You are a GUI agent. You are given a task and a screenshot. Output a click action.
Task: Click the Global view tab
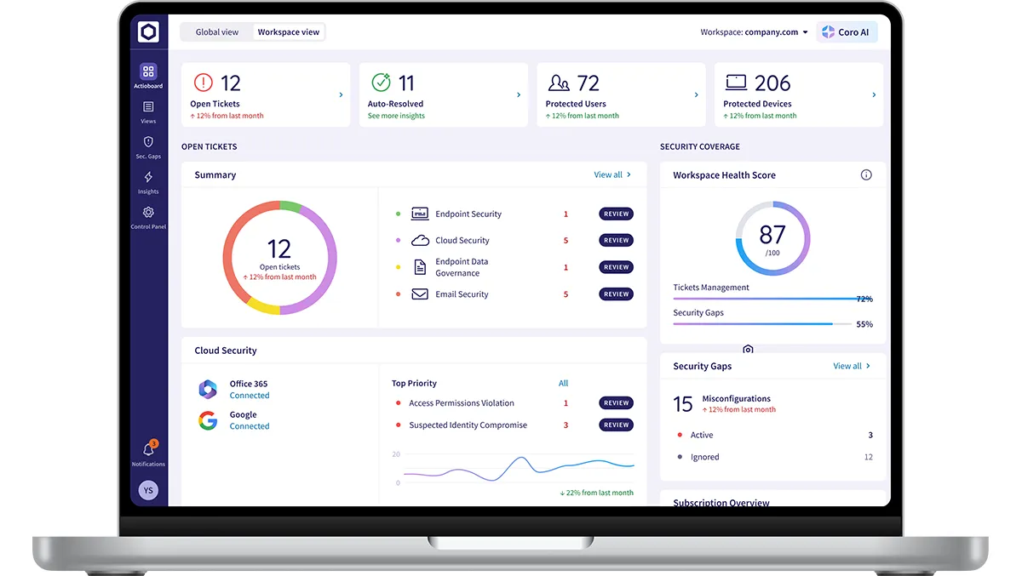point(217,32)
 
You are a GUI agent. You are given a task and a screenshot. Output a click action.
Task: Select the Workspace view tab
point(289,32)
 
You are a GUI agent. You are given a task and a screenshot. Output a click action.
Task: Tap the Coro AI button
point(847,32)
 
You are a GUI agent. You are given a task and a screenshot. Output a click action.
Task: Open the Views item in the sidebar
point(148,111)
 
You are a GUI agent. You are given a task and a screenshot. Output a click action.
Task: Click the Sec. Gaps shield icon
point(148,142)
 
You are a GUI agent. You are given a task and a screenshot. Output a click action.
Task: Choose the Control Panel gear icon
point(148,213)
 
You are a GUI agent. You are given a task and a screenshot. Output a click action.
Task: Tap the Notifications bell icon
point(148,450)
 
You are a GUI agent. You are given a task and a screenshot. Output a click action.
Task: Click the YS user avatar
point(148,490)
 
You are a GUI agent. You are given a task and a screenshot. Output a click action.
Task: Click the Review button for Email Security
point(616,294)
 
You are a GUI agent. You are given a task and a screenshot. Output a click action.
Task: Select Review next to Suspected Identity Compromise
point(616,425)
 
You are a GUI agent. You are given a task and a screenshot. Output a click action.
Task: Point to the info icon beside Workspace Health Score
point(866,175)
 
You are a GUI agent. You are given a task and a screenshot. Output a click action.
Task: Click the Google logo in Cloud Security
point(208,420)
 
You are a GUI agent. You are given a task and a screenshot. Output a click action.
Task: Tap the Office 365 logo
point(208,390)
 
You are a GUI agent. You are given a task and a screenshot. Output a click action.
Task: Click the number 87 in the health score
point(772,234)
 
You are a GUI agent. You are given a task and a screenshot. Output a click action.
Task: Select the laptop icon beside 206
point(736,83)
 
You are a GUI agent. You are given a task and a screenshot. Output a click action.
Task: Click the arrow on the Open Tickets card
point(342,95)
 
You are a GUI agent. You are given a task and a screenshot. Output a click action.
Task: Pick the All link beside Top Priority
point(563,384)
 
